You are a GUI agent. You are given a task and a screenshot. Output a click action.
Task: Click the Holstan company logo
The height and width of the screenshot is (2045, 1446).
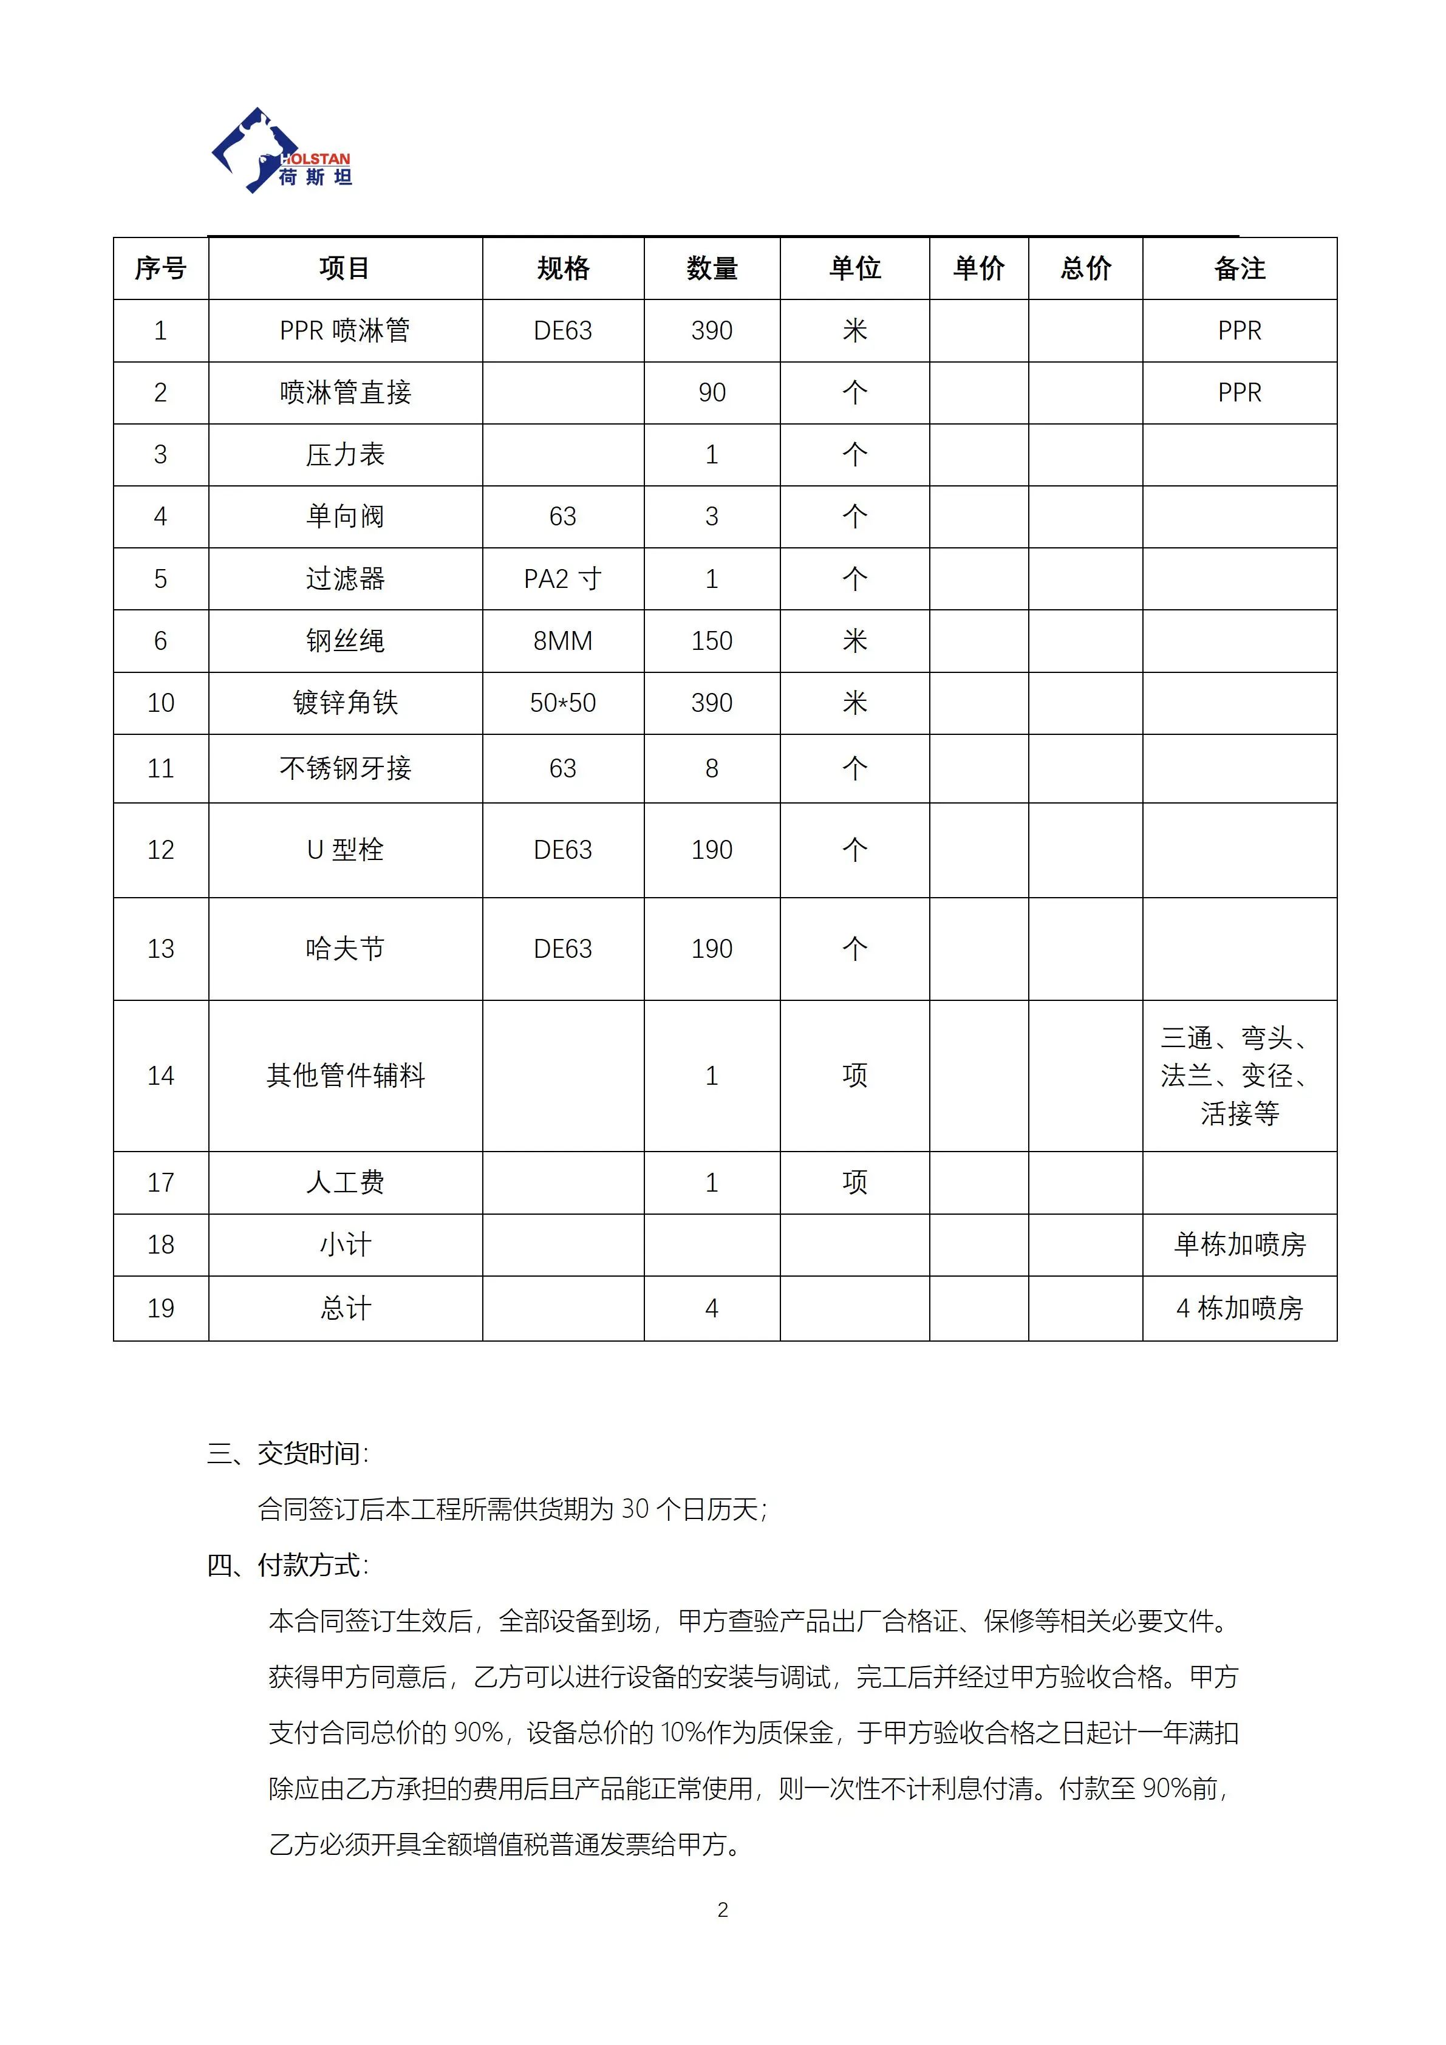point(281,151)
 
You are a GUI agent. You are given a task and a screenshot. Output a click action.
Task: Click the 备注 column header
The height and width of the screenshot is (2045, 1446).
point(1240,268)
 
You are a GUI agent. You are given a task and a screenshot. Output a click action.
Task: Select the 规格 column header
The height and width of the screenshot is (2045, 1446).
point(563,268)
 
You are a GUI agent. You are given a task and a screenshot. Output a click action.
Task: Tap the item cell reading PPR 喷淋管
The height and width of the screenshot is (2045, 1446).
point(344,330)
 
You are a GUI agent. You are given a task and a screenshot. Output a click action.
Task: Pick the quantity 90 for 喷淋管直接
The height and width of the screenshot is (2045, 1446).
point(711,393)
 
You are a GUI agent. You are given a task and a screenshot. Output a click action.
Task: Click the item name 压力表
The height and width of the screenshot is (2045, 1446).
point(344,455)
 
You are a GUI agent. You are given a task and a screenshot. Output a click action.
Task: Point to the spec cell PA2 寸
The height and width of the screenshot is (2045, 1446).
point(563,579)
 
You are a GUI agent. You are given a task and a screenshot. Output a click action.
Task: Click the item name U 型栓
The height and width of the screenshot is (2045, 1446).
point(344,850)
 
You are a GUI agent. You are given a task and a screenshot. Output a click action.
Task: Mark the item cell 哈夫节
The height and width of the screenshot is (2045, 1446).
point(344,949)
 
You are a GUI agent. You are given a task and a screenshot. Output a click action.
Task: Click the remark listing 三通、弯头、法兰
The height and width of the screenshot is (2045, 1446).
point(1240,1076)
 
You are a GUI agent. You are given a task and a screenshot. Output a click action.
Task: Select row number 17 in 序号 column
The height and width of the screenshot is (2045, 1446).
point(161,1183)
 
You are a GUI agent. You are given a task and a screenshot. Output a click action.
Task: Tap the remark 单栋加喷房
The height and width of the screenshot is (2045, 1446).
point(1240,1245)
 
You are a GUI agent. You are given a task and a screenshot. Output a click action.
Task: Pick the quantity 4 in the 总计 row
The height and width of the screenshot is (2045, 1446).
point(711,1308)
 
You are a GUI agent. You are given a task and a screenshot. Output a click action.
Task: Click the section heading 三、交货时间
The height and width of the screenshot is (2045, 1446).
point(288,1453)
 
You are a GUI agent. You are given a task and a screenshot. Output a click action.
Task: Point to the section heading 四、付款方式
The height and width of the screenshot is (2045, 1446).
point(288,1565)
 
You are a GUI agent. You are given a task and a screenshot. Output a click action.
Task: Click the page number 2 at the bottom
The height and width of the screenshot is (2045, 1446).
point(722,1910)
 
